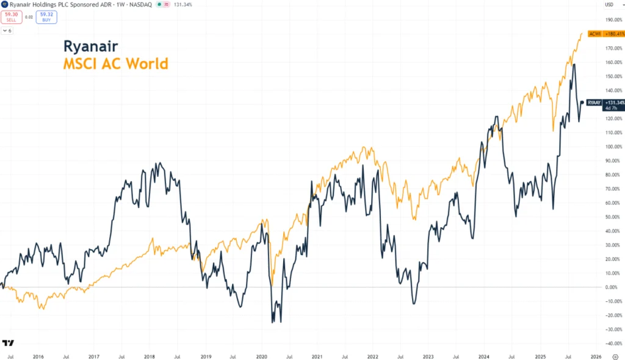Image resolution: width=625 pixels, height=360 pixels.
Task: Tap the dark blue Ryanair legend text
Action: click(x=91, y=46)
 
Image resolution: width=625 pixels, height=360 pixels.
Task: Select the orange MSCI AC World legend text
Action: click(x=115, y=63)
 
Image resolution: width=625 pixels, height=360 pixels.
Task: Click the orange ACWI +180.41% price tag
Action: click(x=606, y=34)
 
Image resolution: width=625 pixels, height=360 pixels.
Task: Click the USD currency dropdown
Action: click(x=609, y=4)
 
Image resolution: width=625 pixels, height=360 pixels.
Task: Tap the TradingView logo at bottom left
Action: click(x=8, y=343)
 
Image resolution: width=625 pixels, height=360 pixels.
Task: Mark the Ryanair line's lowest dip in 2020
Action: click(x=273, y=322)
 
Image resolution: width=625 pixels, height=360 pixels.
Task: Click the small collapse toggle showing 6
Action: click(x=7, y=31)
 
